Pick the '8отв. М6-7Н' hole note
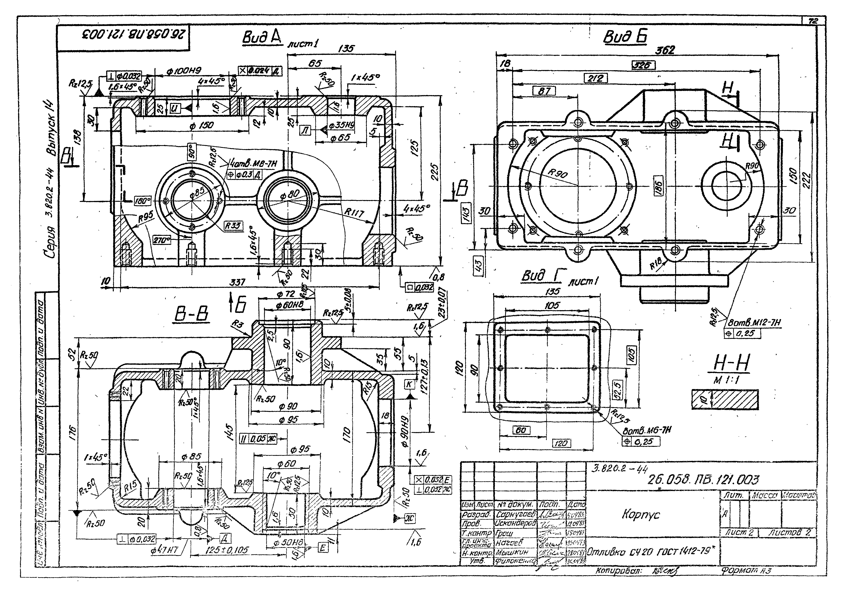click(x=647, y=430)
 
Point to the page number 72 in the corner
click(x=813, y=21)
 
